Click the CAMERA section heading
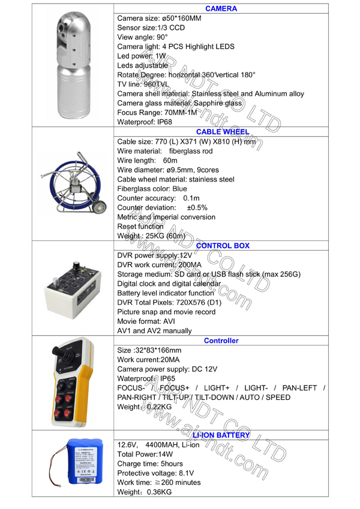(221, 9)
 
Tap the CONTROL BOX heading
(221, 245)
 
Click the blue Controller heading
(221, 341)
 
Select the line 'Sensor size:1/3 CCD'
(150, 28)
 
